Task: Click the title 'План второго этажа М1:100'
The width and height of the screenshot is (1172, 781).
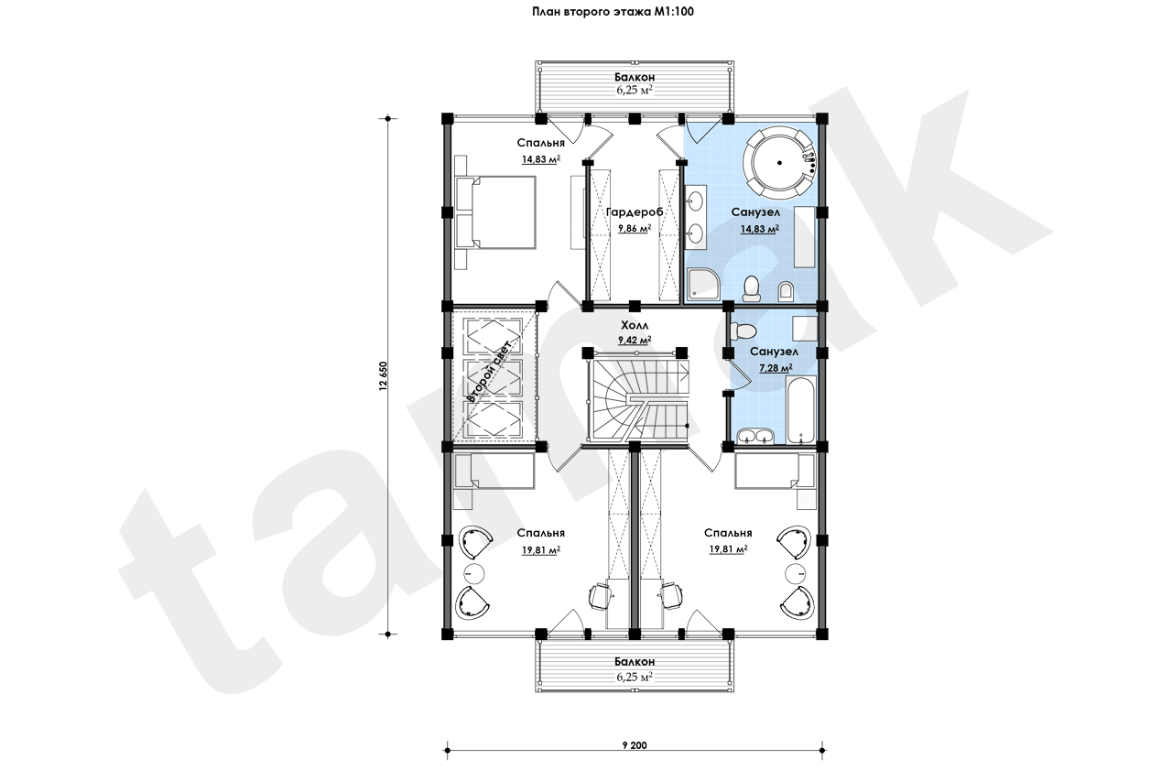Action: tap(613, 12)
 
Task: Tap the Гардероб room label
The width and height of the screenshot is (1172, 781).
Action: tap(635, 212)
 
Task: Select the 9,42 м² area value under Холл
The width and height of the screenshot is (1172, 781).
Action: tap(635, 340)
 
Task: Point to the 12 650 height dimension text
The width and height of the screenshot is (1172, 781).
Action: tap(384, 376)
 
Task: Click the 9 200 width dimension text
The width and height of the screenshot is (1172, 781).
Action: tap(635, 745)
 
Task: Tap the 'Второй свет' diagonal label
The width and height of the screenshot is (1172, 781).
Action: tap(488, 372)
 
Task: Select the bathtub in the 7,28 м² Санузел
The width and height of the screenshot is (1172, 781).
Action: tap(800, 409)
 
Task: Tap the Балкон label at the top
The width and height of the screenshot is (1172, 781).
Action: tap(635, 78)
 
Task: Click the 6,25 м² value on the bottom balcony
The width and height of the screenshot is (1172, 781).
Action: tap(635, 677)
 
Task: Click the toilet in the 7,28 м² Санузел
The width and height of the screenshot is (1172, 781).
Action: tap(743, 331)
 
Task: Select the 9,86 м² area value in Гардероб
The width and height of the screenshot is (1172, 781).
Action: tap(635, 228)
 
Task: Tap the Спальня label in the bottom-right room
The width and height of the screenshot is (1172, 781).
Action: tap(728, 533)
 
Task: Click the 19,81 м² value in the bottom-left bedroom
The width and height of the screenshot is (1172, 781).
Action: tap(541, 549)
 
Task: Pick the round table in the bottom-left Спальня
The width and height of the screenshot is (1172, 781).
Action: tap(108, 574)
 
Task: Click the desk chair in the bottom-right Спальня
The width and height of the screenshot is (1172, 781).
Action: tap(671, 595)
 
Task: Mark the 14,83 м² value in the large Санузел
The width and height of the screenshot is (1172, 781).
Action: tap(760, 229)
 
